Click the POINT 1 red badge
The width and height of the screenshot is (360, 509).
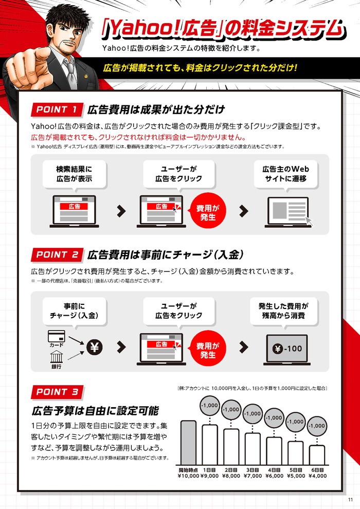pyautogui.click(x=57, y=110)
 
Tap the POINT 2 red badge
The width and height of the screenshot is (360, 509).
pyautogui.click(x=57, y=255)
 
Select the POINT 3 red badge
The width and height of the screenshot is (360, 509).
pyautogui.click(x=57, y=392)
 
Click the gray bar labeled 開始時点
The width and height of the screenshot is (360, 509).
pyautogui.click(x=189, y=443)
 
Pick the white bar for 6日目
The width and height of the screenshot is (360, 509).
pyautogui.click(x=317, y=455)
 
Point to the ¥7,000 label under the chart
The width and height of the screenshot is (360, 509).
pyautogui.click(x=253, y=476)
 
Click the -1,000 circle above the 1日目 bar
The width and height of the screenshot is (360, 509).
pyautogui.click(x=210, y=406)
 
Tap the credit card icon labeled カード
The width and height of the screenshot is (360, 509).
pyautogui.click(x=57, y=336)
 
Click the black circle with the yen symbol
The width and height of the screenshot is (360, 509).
pyautogui.click(x=95, y=348)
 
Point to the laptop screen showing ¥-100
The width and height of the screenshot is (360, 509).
pyautogui.click(x=286, y=349)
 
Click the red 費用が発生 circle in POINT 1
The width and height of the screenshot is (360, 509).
pyautogui.click(x=208, y=212)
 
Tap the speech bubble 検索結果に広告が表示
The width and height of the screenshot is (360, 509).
pyautogui.click(x=75, y=175)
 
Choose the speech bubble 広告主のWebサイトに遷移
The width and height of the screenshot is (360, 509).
pyautogui.click(x=285, y=175)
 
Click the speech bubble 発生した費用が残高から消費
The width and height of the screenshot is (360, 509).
pyautogui.click(x=284, y=312)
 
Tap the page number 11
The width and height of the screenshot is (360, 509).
pyautogui.click(x=350, y=500)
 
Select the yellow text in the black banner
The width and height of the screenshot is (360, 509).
pyautogui.click(x=200, y=68)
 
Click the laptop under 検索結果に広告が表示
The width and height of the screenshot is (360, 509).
pyautogui.click(x=75, y=211)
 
